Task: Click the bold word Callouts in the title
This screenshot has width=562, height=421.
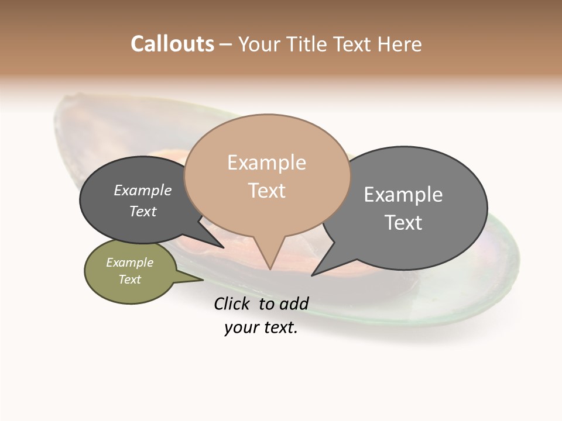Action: click(172, 44)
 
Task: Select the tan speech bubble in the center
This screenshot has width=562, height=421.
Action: click(267, 175)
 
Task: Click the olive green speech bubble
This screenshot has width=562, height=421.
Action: click(130, 271)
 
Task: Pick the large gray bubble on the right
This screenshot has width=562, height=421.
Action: click(410, 208)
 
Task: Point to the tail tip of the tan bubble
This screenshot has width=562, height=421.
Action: click(270, 268)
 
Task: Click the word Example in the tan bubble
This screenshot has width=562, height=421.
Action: click(266, 163)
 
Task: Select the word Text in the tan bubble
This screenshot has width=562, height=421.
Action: click(267, 191)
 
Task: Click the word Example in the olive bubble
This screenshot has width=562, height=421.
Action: click(129, 263)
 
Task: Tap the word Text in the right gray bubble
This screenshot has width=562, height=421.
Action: click(403, 223)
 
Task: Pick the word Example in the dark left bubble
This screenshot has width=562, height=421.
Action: click(143, 191)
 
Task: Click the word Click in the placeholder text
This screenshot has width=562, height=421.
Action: click(232, 303)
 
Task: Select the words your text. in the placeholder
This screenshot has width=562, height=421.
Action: click(261, 328)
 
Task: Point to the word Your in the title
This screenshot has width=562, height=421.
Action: click(260, 44)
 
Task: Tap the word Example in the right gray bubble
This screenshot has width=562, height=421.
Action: click(403, 195)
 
